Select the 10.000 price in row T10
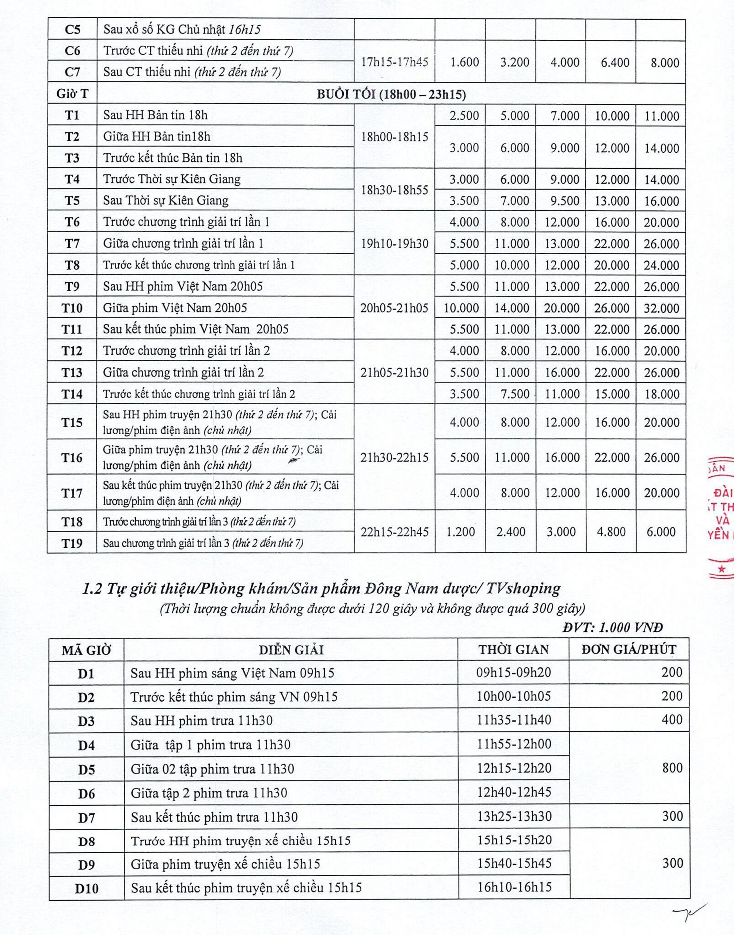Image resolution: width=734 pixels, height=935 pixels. point(461,308)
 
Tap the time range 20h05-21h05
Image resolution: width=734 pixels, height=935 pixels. point(394,308)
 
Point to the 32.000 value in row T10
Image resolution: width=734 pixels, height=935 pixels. point(661,308)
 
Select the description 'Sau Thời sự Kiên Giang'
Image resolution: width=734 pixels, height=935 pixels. point(166,201)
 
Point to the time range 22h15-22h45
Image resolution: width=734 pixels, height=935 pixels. point(394,532)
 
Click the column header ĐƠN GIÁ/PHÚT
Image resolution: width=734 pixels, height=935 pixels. point(629,649)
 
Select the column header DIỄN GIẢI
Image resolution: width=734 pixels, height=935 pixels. point(290,649)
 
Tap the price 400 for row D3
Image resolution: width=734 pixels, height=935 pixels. point(672,720)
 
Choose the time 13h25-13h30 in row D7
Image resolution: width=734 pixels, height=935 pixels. point(514,816)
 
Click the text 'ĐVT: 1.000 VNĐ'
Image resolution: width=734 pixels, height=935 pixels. point(612,627)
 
